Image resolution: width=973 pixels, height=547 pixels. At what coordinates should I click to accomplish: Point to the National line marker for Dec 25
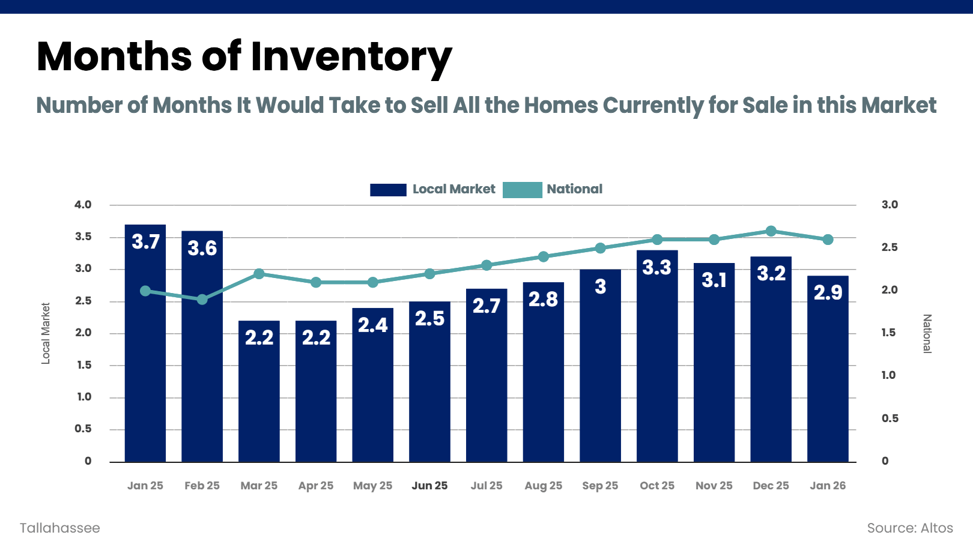tap(771, 231)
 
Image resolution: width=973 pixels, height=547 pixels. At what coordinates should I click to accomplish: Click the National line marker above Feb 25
tap(202, 299)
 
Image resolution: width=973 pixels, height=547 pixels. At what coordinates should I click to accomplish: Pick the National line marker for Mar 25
tap(259, 274)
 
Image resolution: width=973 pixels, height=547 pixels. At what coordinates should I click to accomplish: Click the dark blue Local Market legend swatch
tap(388, 190)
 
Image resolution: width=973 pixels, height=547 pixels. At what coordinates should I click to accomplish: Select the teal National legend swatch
tap(522, 190)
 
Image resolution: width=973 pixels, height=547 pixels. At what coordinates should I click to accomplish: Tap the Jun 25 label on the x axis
tap(429, 486)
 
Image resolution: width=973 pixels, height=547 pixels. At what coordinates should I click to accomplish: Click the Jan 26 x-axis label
tap(828, 486)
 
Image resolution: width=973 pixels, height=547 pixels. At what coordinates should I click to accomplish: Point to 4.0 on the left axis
tap(83, 205)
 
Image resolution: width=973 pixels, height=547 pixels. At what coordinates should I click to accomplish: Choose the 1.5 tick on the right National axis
tap(888, 333)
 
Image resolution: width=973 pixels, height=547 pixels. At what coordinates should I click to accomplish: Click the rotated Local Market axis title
tap(46, 333)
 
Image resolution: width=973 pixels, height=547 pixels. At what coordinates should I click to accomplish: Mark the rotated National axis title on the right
tap(927, 333)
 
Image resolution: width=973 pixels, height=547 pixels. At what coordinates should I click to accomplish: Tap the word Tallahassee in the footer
tap(60, 528)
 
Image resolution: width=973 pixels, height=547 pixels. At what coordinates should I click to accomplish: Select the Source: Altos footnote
tap(909, 528)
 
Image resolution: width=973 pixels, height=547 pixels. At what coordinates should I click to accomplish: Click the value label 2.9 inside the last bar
tap(828, 293)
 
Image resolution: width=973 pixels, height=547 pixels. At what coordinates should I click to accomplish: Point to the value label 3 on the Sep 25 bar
tap(600, 287)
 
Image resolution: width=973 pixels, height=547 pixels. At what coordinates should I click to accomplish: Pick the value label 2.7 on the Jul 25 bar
tap(486, 306)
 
